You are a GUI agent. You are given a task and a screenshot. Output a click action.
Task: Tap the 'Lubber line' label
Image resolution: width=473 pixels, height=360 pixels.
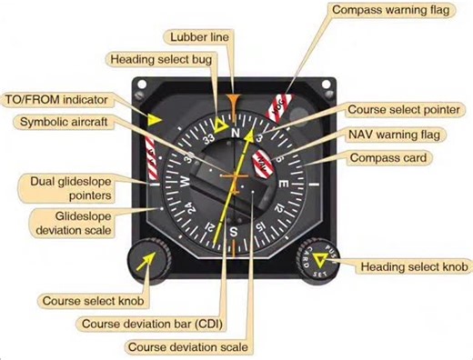[x=200, y=36]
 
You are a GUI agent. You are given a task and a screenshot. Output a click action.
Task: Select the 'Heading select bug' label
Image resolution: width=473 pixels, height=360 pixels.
[x=157, y=59]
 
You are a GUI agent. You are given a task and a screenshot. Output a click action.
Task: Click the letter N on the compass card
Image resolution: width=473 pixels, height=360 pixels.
[x=235, y=131]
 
